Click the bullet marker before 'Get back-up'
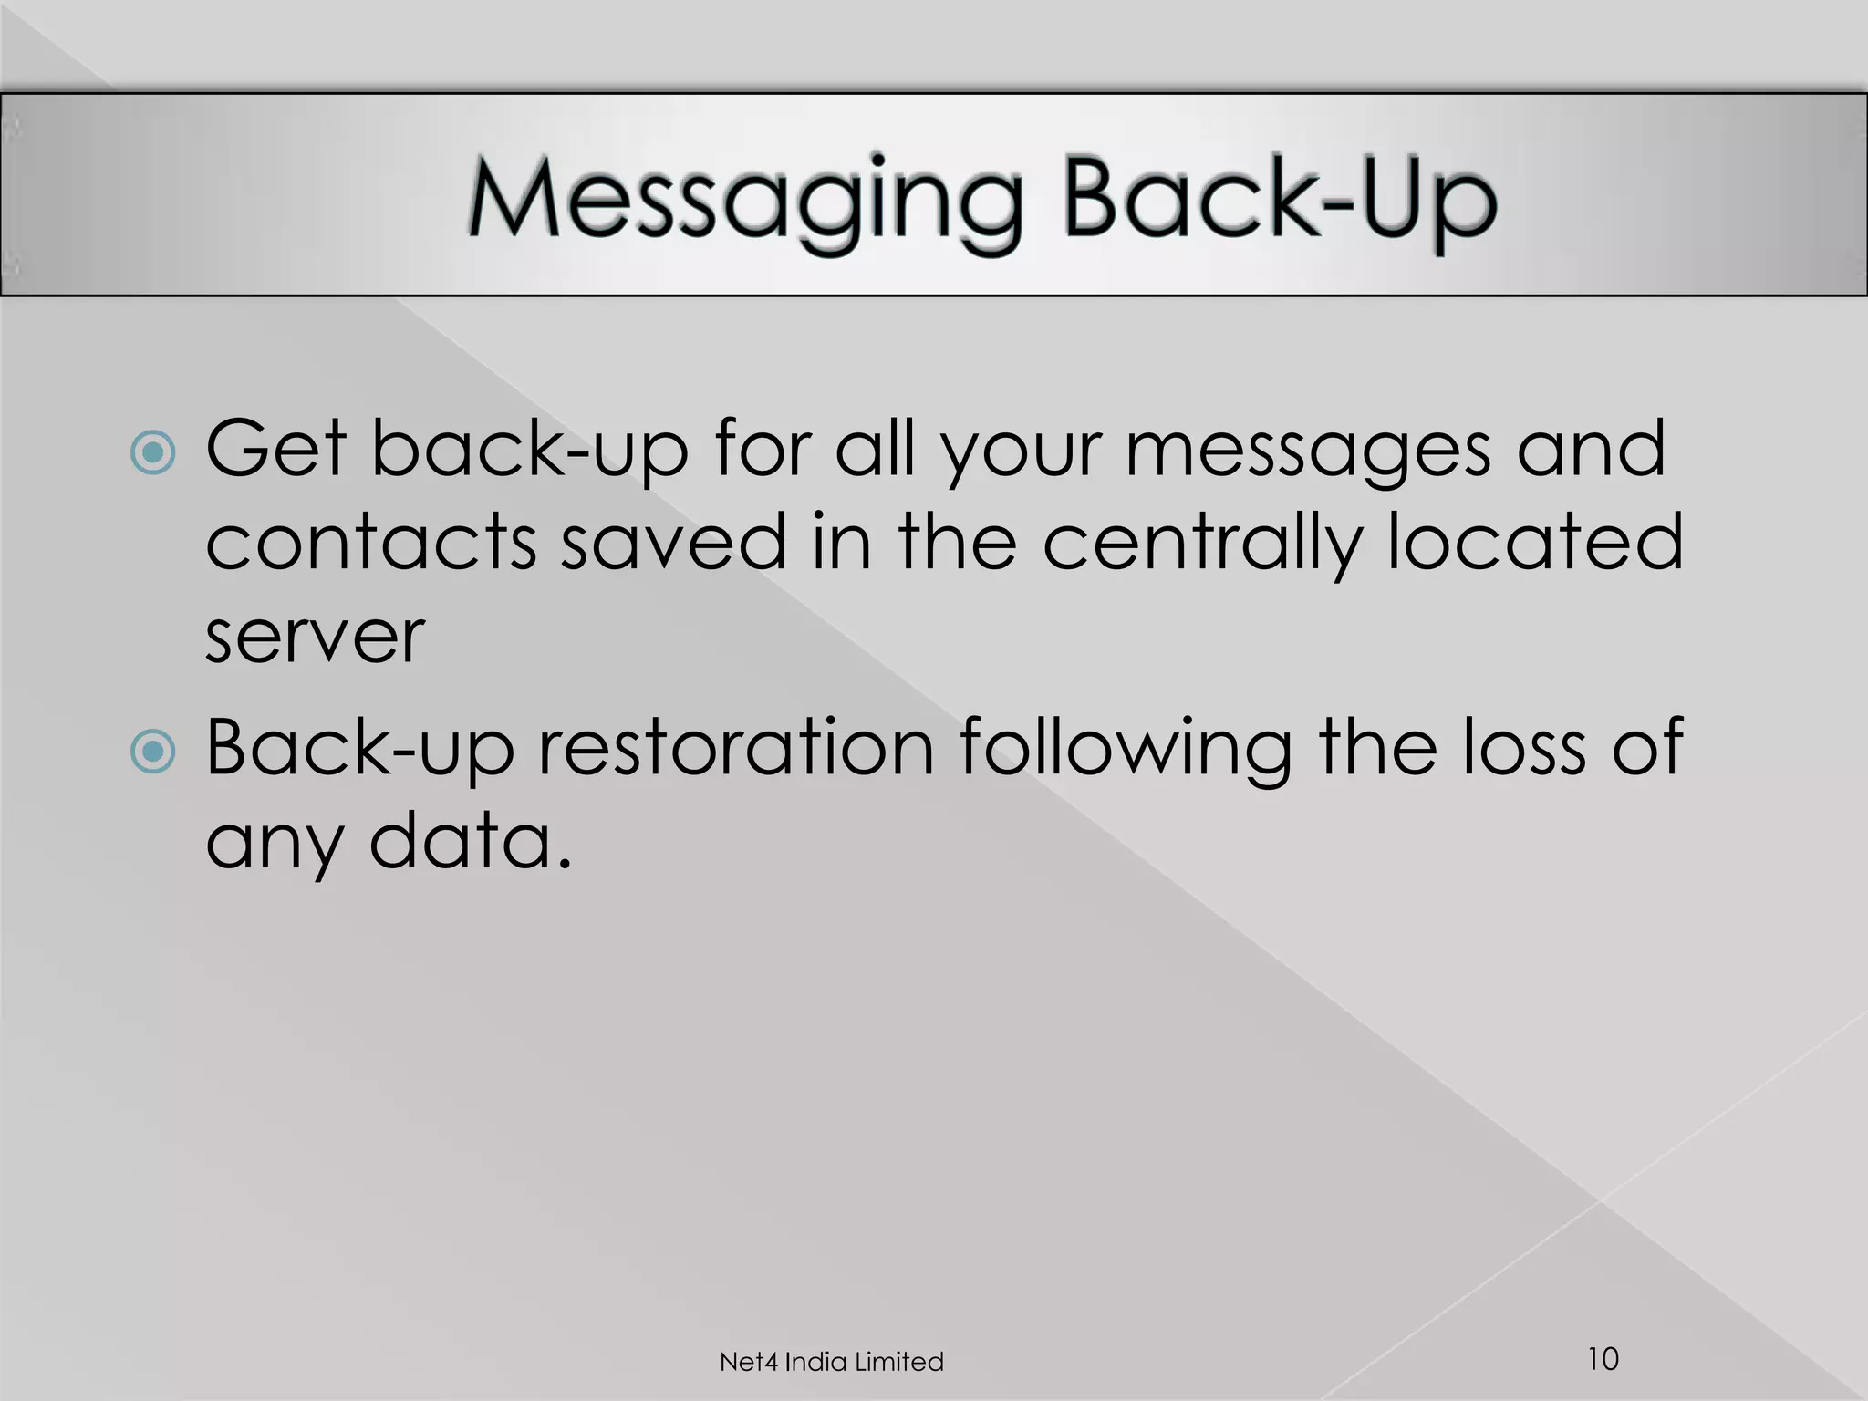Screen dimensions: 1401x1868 point(152,451)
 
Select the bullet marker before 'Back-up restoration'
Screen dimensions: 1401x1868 point(152,751)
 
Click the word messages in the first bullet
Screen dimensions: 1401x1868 point(1308,451)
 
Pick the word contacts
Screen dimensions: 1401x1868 point(370,542)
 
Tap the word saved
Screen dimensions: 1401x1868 point(672,542)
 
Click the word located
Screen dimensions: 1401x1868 point(1534,542)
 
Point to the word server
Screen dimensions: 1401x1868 point(315,636)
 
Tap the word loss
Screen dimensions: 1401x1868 point(1524,748)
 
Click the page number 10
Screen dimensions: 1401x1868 point(1603,1358)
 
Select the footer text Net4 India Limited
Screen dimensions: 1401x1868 point(831,1362)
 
